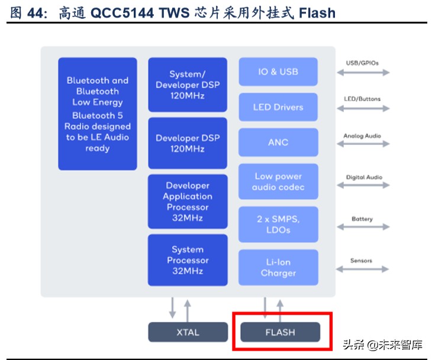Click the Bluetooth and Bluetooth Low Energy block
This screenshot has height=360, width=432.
coord(97,113)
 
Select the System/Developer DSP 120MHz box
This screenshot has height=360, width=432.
coord(187,85)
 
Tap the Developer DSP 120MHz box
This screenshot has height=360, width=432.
coord(187,144)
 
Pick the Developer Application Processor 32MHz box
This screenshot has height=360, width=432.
coord(187,202)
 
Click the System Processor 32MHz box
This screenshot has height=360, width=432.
coord(187,260)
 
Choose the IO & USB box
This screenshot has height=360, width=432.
coord(278,72)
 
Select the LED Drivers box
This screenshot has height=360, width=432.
coord(278,107)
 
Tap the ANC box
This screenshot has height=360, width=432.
coord(278,142)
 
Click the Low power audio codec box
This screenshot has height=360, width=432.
coord(278,181)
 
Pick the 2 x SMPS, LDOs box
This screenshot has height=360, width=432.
coord(278,224)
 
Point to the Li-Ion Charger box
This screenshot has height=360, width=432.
coord(278,267)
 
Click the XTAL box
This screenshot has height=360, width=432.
coord(188,332)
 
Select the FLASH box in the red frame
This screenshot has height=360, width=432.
coord(280,332)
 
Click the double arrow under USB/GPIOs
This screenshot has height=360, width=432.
coord(363,73)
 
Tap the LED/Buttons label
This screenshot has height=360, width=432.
coord(362,99)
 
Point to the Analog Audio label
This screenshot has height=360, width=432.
coord(362,136)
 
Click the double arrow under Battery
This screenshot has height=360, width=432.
coord(363,227)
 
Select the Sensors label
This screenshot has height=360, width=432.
coord(361,261)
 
